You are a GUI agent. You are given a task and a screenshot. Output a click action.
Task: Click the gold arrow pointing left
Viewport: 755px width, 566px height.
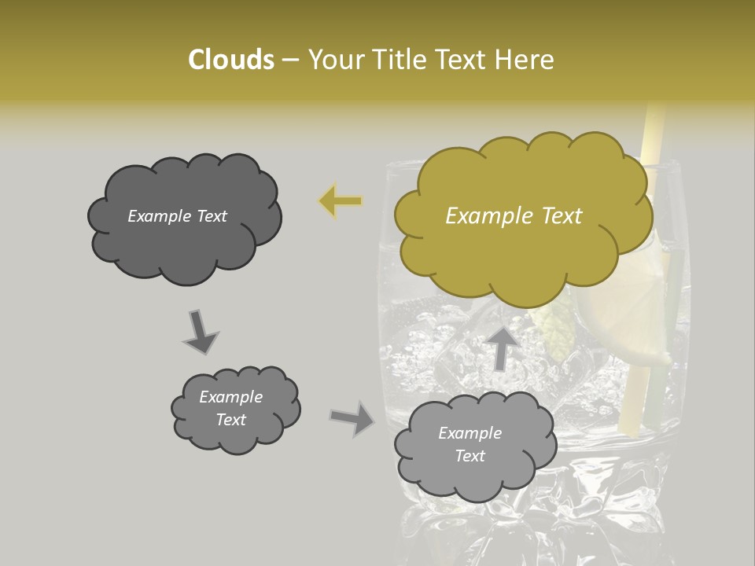point(340,201)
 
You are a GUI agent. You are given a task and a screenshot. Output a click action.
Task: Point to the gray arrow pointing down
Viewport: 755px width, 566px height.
point(199,331)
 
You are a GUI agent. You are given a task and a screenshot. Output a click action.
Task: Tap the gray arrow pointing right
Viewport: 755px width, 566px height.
point(352,418)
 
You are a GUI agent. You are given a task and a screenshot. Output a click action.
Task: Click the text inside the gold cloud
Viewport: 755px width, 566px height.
point(514,216)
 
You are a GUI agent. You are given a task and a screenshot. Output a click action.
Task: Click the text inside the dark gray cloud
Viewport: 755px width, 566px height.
point(177,216)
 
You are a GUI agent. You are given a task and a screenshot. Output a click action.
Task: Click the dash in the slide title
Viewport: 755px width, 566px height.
point(289,61)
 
